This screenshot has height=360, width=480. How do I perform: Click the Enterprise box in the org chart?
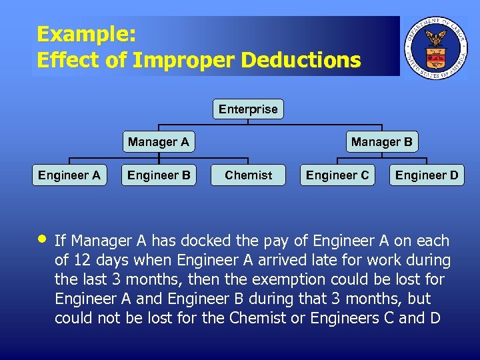tap(248, 109)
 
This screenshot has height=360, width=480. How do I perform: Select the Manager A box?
tap(158, 142)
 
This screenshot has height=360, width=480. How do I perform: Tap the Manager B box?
tap(381, 142)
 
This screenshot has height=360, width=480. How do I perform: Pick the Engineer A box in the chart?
tap(69, 175)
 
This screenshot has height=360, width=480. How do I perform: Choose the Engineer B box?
tap(159, 175)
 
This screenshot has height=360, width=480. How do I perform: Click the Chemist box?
tap(248, 175)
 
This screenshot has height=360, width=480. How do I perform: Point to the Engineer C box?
tap(337, 175)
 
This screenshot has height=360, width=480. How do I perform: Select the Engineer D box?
tap(427, 175)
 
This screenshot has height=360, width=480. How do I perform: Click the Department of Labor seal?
tap(436, 46)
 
